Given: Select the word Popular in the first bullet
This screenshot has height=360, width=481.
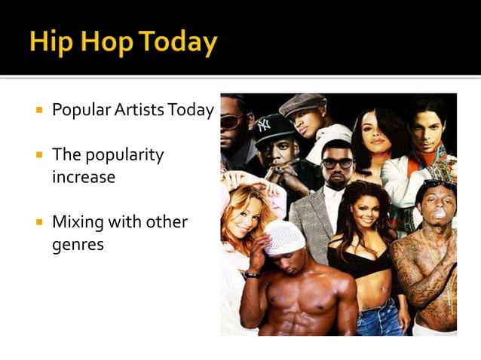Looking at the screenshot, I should tap(82, 111).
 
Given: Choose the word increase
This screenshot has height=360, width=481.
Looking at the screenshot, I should tap(83, 178).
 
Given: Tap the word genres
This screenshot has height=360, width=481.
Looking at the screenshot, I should tap(77, 245).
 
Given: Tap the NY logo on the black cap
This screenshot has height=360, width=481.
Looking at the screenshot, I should tap(263, 125).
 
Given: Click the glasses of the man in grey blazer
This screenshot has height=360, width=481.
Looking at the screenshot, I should tap(337, 163).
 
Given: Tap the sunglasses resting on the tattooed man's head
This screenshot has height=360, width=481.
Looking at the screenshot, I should tap(438, 185).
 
